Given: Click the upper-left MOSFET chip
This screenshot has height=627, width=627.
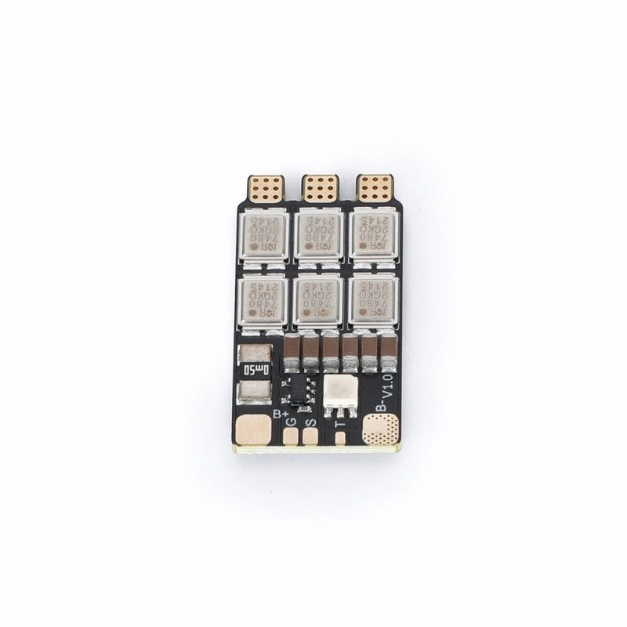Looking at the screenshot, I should tap(263, 234).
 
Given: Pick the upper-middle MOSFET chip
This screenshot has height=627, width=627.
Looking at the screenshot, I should tap(318, 234).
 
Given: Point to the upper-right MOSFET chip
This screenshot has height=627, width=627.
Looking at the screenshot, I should tap(372, 234).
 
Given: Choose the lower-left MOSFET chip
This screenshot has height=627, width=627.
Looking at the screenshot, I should tap(263, 299).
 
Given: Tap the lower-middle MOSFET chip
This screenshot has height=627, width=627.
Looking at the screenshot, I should tap(318, 299).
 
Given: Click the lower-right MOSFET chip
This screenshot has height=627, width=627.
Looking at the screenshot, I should tap(372, 299).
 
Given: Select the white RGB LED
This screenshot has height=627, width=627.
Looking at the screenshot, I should tap(340, 392).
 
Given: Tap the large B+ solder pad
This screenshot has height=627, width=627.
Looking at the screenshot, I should tap(252, 429).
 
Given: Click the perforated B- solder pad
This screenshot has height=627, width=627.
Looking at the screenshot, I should tap(382, 429).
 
